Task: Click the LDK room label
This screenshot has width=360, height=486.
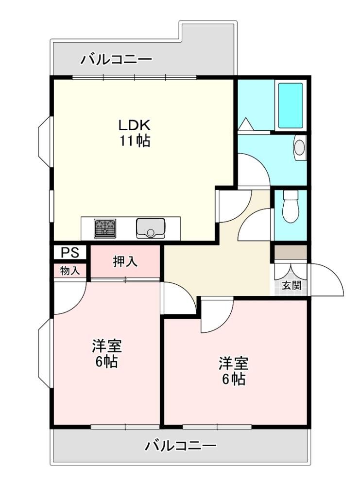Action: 135,125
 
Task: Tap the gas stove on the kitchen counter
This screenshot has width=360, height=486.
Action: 105,228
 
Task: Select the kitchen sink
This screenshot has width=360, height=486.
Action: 150,228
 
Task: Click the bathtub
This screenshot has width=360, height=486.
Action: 291,105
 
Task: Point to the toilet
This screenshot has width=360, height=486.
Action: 291,206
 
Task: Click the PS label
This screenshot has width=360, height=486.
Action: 69,252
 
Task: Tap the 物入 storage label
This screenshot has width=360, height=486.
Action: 69,271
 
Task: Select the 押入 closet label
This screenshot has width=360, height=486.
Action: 125,262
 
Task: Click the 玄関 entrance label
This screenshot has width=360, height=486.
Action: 291,285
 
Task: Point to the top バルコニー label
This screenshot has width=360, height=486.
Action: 117,59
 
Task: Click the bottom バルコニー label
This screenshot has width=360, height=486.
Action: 181,446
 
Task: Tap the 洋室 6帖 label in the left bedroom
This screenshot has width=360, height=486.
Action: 106,354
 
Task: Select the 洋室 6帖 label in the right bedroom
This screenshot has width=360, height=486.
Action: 234,371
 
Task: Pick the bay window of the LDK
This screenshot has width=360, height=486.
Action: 45,141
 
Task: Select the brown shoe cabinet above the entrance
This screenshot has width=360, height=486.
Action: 291,252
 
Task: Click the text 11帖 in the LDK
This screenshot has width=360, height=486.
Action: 135,141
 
